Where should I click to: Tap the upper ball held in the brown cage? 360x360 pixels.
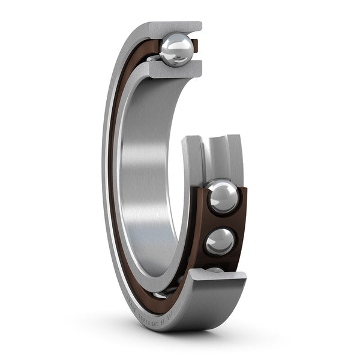point(223,197)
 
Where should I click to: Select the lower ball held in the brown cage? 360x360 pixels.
point(220,242)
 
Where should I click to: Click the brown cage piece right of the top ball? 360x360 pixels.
point(194,43)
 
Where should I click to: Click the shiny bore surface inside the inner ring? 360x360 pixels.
point(150,180)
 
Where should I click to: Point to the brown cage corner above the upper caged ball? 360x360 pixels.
point(239,190)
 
